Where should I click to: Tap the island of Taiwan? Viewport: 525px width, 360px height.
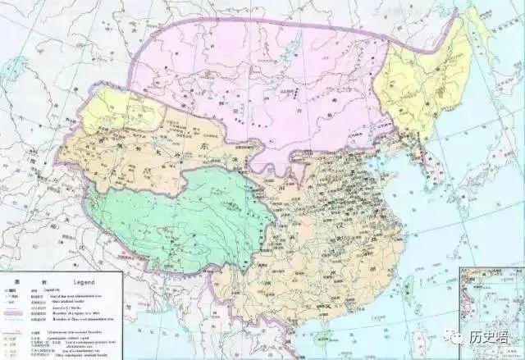408,285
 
